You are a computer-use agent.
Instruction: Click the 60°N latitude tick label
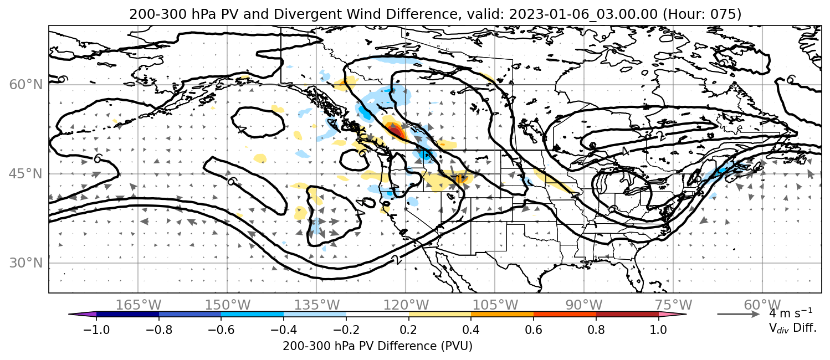point(26,85)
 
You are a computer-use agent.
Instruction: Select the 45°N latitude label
point(26,174)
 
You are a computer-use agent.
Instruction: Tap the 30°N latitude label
point(26,263)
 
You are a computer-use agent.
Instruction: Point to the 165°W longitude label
point(139,305)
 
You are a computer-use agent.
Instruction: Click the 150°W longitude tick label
point(228,305)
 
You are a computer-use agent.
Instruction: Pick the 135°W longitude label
point(317,305)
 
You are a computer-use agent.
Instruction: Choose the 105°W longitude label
point(495,305)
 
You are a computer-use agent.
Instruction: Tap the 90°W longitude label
point(584,305)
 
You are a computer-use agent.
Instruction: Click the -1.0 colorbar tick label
point(96,330)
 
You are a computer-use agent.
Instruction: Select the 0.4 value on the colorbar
point(471,330)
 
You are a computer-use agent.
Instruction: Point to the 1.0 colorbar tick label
point(658,330)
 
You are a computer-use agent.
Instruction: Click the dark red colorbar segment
point(627,315)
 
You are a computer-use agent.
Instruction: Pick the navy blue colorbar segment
point(128,315)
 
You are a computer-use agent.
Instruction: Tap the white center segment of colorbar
point(377,315)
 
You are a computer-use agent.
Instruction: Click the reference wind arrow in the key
point(739,315)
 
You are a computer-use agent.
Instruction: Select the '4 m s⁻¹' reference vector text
point(791,313)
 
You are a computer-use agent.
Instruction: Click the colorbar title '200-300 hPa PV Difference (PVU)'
point(377,346)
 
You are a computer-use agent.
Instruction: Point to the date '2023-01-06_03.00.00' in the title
point(583,14)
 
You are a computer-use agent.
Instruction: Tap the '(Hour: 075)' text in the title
point(702,14)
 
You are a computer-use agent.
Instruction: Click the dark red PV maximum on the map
point(395,131)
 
